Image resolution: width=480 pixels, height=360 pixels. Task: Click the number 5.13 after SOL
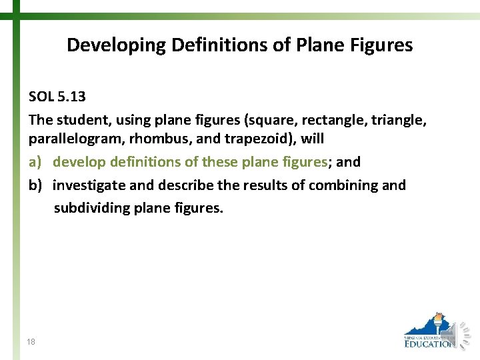click(71, 97)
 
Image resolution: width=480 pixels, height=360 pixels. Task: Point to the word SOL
click(41, 97)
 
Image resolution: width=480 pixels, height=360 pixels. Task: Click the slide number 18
click(31, 342)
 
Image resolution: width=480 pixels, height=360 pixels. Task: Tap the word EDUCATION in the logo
click(429, 344)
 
